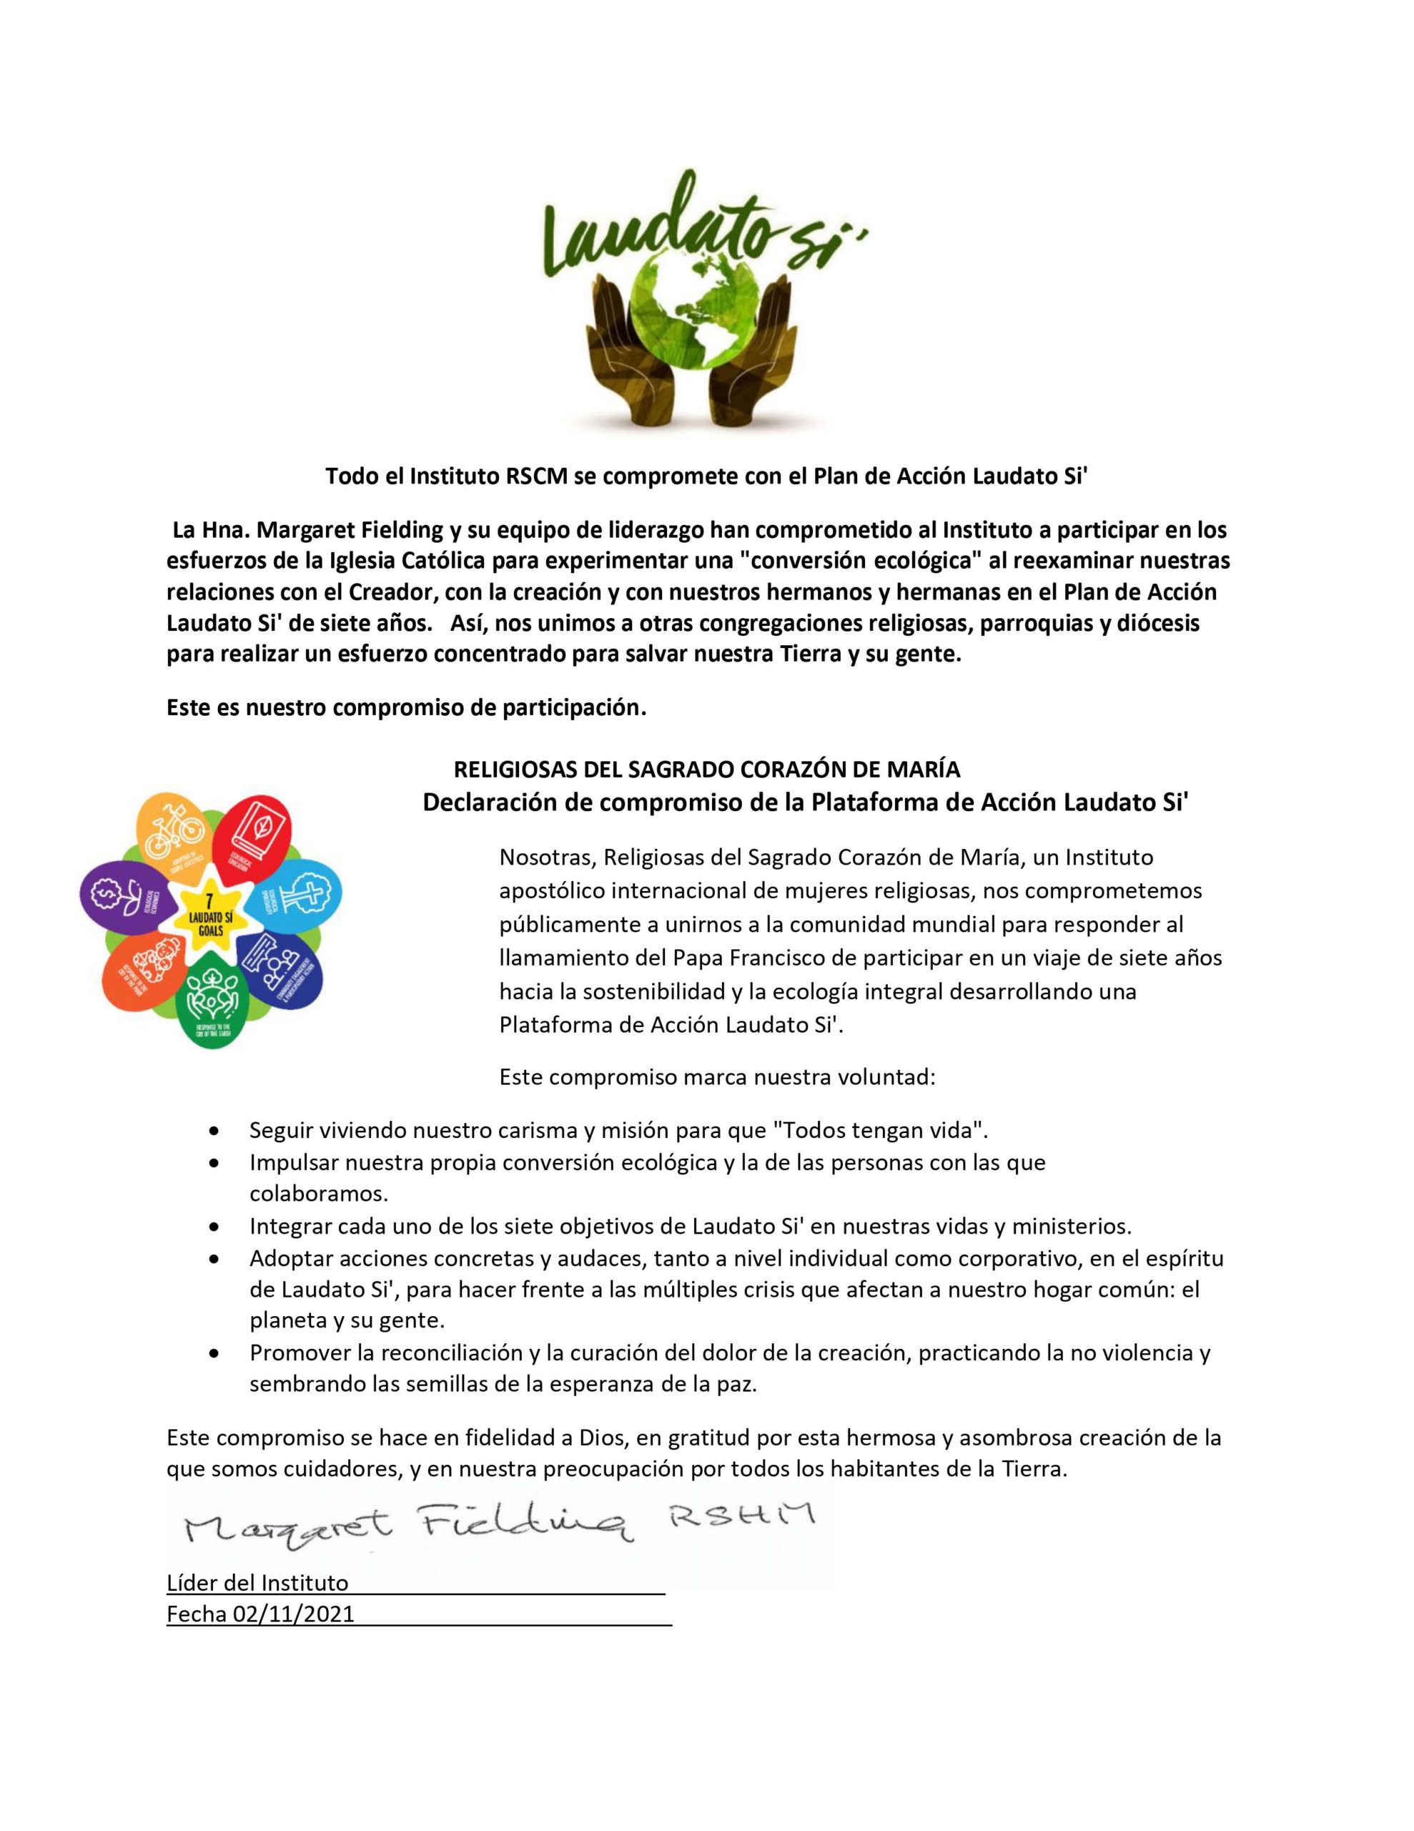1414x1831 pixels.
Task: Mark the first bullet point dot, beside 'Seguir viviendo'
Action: point(217,1130)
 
